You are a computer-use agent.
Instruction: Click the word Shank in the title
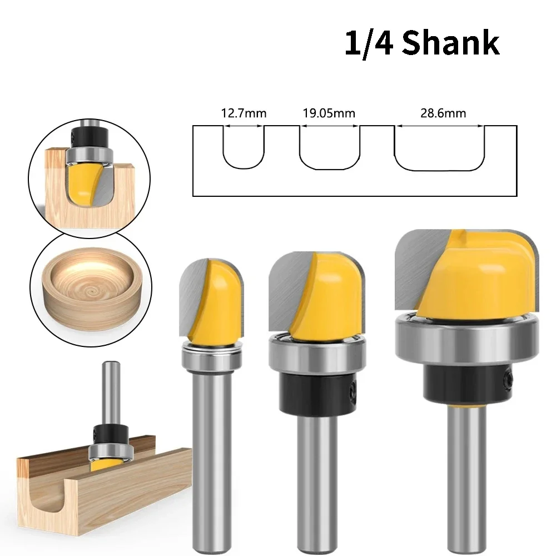coord(451,43)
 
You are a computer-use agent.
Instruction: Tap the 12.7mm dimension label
coord(244,113)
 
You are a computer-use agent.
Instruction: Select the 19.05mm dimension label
coord(329,113)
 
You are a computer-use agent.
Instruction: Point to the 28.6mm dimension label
coord(443,113)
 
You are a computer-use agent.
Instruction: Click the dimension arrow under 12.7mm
coord(244,126)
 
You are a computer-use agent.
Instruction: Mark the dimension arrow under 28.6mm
coord(440,126)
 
